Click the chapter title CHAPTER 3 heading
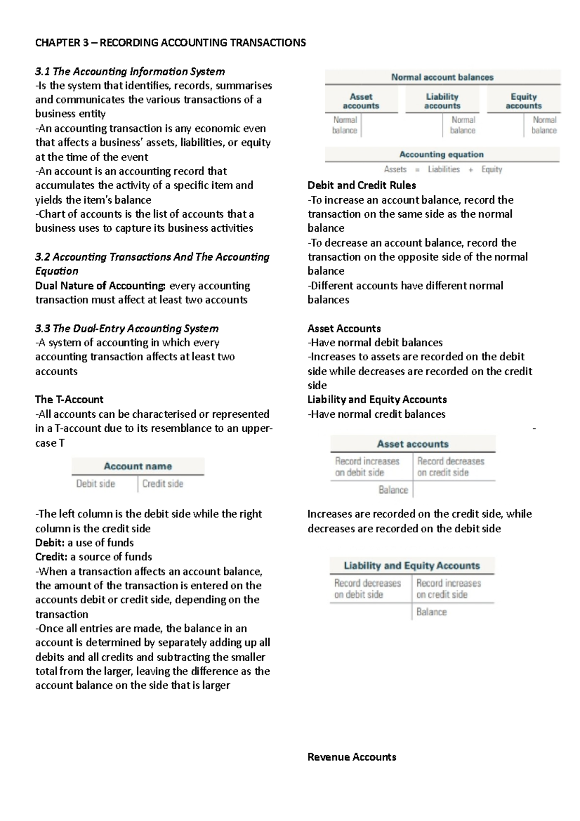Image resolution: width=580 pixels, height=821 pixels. (170, 43)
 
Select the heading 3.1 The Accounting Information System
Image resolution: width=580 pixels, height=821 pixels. (130, 72)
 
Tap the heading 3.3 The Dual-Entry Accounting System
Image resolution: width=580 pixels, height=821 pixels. (127, 328)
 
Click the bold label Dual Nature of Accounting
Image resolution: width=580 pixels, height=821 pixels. (100, 286)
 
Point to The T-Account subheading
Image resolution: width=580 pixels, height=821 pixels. (69, 399)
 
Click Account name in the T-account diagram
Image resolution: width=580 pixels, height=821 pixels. (138, 466)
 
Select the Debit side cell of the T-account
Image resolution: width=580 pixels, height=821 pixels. (96, 484)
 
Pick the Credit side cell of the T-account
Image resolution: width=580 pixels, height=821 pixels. (163, 484)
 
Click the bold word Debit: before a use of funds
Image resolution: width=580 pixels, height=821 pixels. (50, 542)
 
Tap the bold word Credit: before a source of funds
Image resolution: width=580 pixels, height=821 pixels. (51, 557)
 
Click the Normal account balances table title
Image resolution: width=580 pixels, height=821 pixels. (442, 77)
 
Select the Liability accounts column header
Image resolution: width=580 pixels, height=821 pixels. (442, 101)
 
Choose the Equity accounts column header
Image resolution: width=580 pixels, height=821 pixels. (523, 101)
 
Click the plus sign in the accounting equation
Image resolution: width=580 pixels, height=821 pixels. (471, 170)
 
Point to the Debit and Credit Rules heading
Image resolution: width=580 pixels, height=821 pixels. (362, 185)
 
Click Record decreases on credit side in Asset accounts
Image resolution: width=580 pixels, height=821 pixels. (450, 467)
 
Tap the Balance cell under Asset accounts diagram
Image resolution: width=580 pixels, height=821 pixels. (393, 490)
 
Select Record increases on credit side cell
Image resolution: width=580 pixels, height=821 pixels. (449, 588)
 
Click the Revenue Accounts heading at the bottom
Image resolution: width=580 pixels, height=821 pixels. (351, 757)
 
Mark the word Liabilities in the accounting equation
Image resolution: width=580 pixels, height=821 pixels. (444, 169)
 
